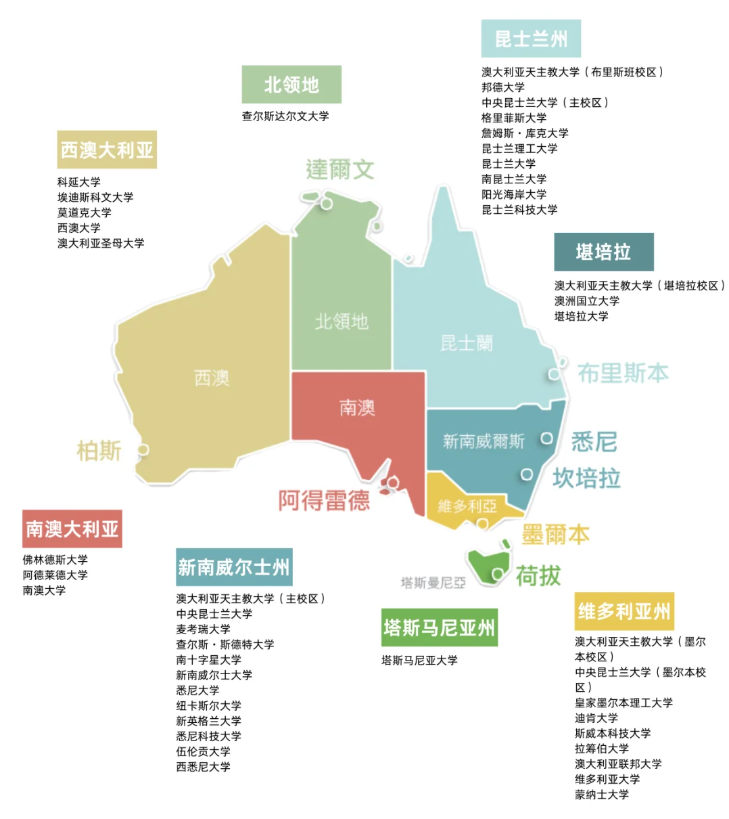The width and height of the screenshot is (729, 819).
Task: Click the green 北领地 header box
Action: (291, 85)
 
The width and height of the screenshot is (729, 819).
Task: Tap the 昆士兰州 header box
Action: (531, 39)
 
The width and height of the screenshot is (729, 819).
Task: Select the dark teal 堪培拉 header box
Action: (604, 252)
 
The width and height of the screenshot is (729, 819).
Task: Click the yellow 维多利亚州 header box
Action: (624, 611)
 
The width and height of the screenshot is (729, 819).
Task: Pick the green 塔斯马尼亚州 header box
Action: (440, 627)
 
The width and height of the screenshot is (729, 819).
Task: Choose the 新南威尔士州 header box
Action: (234, 567)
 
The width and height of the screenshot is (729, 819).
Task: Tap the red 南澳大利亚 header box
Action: (72, 529)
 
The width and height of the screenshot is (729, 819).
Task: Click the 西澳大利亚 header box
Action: (107, 150)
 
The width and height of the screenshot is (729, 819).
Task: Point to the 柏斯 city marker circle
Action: (143, 449)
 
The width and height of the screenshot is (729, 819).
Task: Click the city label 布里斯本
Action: (623, 373)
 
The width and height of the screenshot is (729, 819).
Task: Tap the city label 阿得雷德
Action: (324, 500)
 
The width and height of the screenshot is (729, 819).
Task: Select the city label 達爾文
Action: (339, 169)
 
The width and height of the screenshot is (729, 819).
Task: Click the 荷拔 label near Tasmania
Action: (538, 576)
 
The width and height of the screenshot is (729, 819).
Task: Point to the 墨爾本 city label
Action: (555, 535)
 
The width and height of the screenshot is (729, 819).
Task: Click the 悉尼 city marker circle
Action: (547, 439)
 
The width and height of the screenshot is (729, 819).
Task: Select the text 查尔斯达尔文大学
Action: (285, 116)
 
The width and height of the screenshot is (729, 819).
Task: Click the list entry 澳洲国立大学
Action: (586, 301)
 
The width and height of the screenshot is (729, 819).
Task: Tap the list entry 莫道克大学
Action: (85, 213)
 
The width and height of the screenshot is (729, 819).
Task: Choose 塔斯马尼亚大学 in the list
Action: (419, 660)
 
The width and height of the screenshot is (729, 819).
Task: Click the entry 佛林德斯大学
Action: (55, 560)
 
